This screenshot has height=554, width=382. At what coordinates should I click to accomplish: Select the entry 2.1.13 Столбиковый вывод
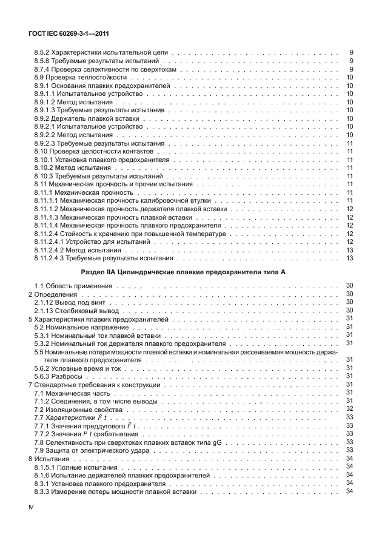pos(75,310)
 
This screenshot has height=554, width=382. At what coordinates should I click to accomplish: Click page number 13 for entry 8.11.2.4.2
pos(349,250)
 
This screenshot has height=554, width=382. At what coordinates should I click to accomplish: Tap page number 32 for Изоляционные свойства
pos(349,410)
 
